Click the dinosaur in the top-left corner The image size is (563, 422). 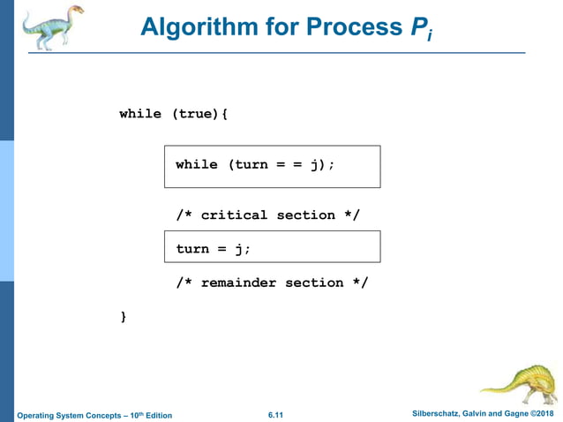(x=52, y=26)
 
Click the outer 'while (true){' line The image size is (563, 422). (x=174, y=114)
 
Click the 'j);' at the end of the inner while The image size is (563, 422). (x=322, y=165)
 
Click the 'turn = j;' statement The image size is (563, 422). (x=214, y=249)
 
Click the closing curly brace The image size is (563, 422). (x=124, y=316)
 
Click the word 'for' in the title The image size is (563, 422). (x=284, y=27)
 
